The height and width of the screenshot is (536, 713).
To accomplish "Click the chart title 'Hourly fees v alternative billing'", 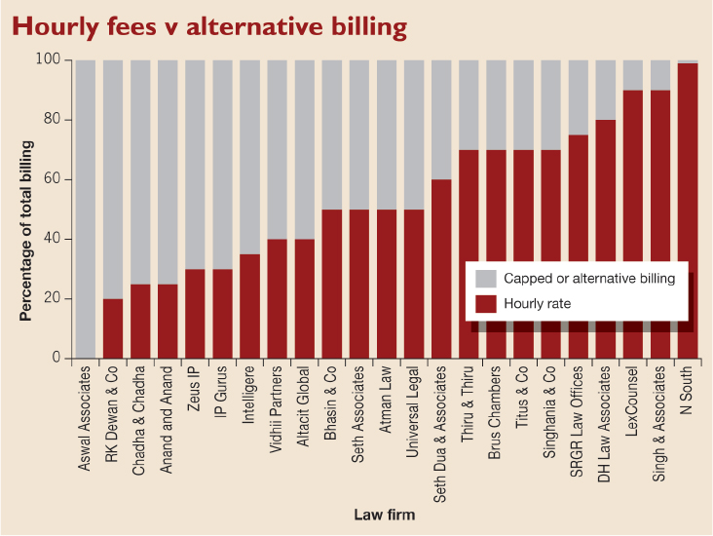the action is point(209,26).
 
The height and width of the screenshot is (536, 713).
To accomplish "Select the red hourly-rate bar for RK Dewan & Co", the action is point(113,328).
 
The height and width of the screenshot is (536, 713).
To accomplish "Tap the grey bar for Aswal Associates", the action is point(86,210).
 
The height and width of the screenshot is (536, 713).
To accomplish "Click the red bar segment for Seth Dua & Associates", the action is point(441,269).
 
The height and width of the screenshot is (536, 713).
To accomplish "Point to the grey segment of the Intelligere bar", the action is point(250,157).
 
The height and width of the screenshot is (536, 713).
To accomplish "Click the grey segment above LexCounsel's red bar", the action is point(633,75).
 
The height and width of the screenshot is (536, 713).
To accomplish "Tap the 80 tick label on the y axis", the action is point(52,119).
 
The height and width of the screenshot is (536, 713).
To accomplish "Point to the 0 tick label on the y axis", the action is point(56,358).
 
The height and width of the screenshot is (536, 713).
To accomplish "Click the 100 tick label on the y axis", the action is point(48,59).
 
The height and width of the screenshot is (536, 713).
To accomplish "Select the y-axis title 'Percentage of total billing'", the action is point(26,231).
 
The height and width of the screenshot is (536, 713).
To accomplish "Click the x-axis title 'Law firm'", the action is point(385,515).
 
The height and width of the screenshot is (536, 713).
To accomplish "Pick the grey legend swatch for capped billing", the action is point(486,279).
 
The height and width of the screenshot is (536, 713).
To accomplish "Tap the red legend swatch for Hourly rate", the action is point(486,304).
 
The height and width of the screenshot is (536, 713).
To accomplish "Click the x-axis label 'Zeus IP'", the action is point(194,389).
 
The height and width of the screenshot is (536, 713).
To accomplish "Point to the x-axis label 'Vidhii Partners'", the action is point(276,409).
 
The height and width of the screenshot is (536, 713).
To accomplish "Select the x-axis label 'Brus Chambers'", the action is point(494,412).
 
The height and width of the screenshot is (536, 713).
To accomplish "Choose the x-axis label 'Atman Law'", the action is point(385,400).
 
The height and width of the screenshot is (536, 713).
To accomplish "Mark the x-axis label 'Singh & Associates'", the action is point(658,424).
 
